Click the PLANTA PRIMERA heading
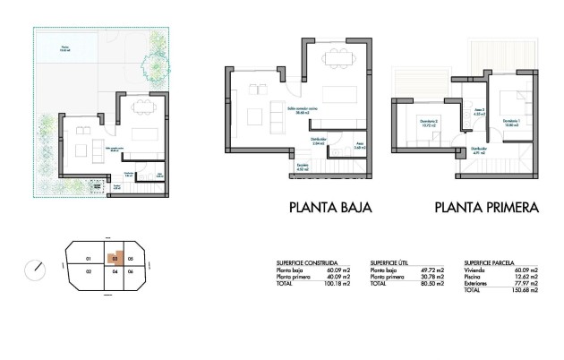pos(486,207)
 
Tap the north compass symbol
pos(35,268)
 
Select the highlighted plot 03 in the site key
pos(115,258)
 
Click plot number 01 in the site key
pos(88,259)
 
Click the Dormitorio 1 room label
pos(511,121)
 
